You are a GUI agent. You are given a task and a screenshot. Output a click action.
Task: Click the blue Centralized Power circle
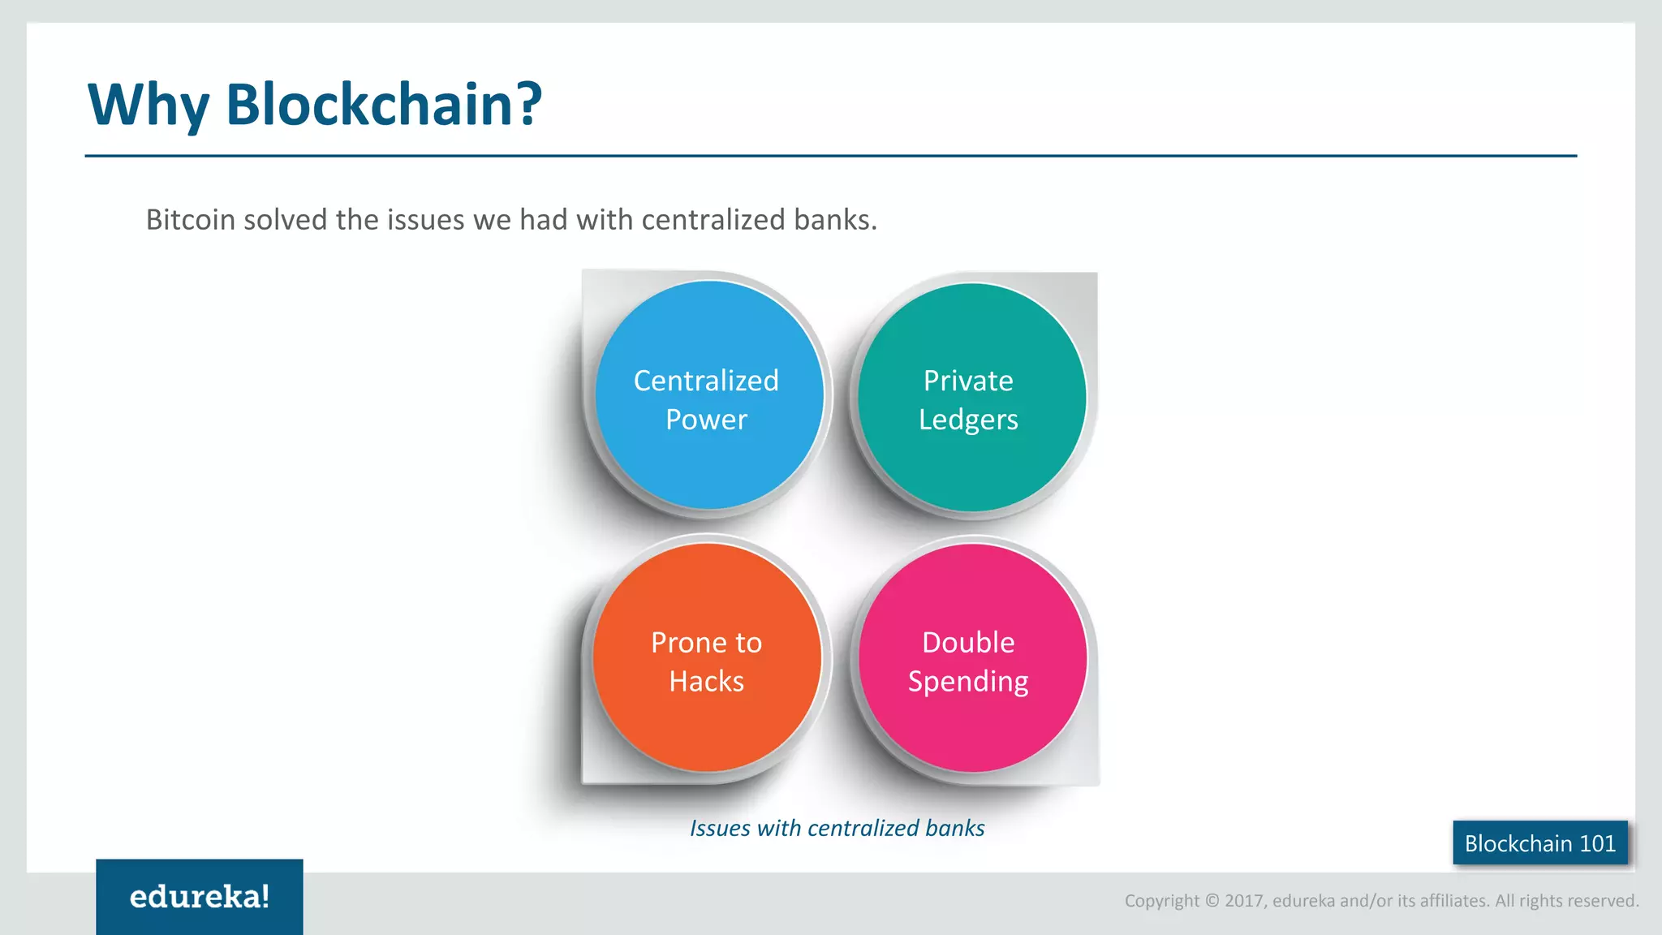pos(708,395)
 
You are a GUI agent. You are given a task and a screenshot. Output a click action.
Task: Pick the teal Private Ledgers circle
pos(971,397)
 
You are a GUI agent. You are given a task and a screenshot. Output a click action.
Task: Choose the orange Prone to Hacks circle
pos(707,657)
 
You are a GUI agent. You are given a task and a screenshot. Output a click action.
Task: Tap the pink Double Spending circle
pos(971,658)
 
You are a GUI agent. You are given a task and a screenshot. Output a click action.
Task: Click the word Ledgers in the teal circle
pos(968,420)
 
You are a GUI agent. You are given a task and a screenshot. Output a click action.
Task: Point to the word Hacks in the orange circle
pos(706,681)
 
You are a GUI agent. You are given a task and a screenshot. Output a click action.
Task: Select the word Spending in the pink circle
pos(968,682)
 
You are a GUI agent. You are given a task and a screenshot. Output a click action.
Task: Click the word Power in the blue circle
pos(706,420)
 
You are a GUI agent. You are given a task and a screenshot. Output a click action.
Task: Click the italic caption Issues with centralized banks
pos(837,828)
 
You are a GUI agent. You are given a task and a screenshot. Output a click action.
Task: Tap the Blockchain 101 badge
pos(1539,843)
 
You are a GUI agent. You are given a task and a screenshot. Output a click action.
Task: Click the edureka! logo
pos(200,897)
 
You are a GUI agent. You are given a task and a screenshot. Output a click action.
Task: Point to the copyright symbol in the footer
pos(1212,901)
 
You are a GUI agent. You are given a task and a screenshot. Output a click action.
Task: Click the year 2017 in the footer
pos(1244,901)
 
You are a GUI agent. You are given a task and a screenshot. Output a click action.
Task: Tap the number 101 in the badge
pos(1597,843)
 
